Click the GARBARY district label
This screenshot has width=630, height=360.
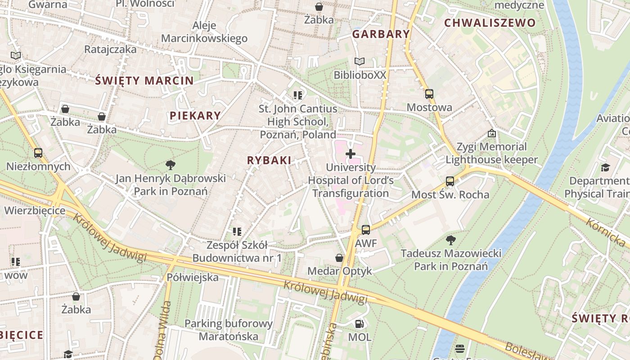click(381, 34)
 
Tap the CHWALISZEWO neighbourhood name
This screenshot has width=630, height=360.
click(490, 23)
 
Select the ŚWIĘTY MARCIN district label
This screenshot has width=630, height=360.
click(144, 81)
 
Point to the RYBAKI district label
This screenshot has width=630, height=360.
click(269, 160)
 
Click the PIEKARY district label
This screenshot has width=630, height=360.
click(195, 116)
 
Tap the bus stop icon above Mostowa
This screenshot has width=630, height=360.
click(429, 94)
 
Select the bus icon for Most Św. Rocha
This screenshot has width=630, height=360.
click(450, 181)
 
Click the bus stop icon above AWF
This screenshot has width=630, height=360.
click(366, 230)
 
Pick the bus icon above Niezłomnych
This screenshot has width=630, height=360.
click(38, 153)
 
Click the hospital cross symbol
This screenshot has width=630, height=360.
click(350, 154)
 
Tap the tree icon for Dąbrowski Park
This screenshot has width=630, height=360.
click(170, 165)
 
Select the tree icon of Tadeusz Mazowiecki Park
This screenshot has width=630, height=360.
click(450, 240)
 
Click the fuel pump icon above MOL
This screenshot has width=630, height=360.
click(359, 324)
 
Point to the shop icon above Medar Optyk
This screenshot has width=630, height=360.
click(339, 258)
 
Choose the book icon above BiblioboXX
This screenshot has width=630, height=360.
click(359, 62)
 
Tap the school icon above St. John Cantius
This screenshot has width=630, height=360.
click(297, 95)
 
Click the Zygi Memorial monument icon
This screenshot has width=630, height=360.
click(491, 134)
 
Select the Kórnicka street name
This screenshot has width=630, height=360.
click(606, 232)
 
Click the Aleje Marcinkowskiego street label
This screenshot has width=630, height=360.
click(204, 32)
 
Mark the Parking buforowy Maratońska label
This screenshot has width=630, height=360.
click(229, 330)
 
